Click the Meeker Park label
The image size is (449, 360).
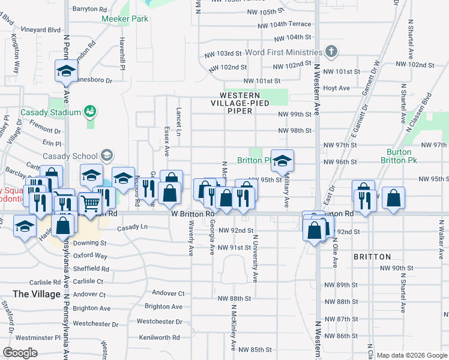(124, 19)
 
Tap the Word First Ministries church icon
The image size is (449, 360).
(330, 52)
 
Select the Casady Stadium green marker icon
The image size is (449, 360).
(90, 112)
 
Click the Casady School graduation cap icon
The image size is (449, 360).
(106, 156)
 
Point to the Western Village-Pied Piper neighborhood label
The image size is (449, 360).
(240, 103)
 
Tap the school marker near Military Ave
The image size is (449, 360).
(282, 161)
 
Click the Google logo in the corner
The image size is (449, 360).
(20, 353)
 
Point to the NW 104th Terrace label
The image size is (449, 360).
(285, 24)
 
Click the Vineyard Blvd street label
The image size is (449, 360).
(41, 29)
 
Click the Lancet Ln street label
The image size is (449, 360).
(179, 118)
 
